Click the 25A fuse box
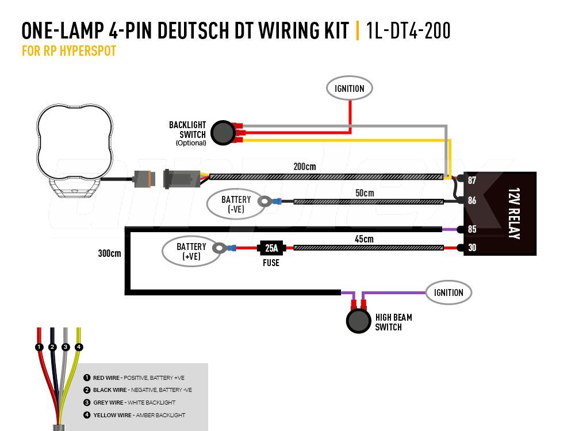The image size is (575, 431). coord(271,248)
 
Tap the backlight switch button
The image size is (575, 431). coord(221,133)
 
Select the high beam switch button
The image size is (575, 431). coord(359,321)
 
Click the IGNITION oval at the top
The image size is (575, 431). coord(350,88)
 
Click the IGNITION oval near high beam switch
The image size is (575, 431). coord(448,293)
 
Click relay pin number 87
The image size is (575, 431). coord(471,180)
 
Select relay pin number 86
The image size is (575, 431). coord(471,201)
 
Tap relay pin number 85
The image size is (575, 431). coord(471,229)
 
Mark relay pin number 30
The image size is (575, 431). coord(471,248)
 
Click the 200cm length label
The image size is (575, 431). coord(304,167)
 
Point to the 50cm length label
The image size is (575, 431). coord(365,193)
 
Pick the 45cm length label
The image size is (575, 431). coord(365,239)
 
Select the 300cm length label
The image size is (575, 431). coord(109,253)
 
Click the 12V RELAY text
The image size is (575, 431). coord(514,213)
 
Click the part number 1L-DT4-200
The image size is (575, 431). coord(408,30)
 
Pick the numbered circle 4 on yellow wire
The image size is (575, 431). coord(79,347)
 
